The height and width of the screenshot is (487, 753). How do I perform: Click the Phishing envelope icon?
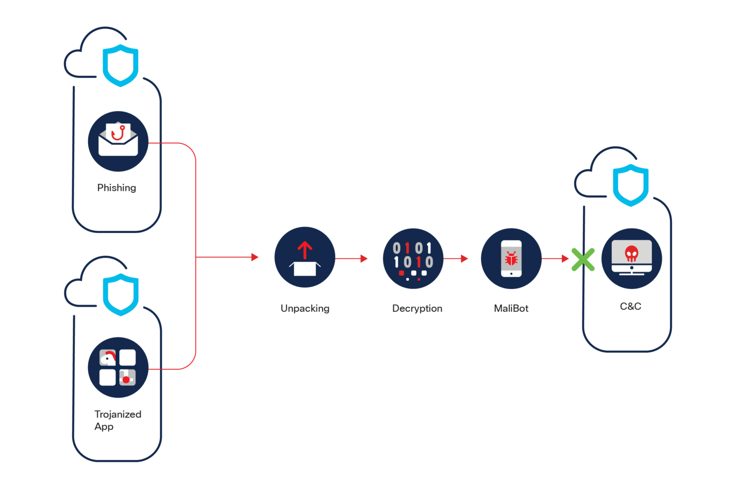tap(118, 141)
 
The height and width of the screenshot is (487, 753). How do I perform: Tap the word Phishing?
tap(116, 188)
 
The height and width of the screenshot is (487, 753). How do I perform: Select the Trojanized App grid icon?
tap(118, 367)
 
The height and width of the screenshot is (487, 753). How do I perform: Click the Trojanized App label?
tap(117, 420)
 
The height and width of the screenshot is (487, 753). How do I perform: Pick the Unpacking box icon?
tap(305, 257)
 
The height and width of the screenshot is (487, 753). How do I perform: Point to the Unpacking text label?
tap(305, 308)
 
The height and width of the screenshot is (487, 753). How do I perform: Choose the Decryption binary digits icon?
tap(413, 258)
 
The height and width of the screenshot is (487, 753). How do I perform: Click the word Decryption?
tap(417, 308)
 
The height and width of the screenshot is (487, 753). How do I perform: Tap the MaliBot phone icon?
tap(511, 258)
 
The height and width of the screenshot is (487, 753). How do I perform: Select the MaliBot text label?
tap(511, 308)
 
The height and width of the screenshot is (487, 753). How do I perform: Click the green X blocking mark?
tap(583, 259)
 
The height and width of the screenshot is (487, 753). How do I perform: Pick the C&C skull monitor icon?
tap(631, 258)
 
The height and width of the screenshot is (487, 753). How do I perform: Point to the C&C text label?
tap(630, 306)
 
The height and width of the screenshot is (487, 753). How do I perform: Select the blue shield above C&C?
tap(631, 185)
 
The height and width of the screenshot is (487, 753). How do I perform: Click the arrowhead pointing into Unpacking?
tap(255, 257)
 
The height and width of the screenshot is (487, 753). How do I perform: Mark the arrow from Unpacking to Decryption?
tap(352, 258)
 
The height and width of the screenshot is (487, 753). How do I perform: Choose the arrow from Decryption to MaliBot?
tap(456, 258)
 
